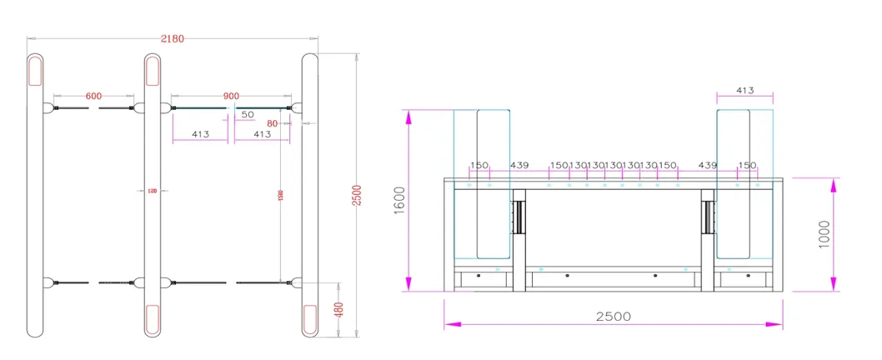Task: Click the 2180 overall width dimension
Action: click(x=173, y=38)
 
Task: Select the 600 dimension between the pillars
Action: click(x=93, y=96)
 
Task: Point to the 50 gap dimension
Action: click(x=248, y=114)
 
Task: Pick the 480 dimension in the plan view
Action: click(x=338, y=309)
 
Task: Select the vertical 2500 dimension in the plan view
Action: click(x=357, y=195)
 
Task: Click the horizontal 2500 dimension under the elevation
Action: click(x=613, y=317)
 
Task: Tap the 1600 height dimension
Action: click(x=398, y=201)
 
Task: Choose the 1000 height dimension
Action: click(x=824, y=233)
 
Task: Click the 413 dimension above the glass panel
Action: click(x=746, y=90)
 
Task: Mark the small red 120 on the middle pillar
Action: click(x=152, y=192)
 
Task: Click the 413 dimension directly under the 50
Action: click(x=262, y=133)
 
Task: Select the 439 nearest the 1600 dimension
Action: click(x=520, y=165)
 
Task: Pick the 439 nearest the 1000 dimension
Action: click(x=708, y=165)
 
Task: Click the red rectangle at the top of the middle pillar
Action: click(x=153, y=72)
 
